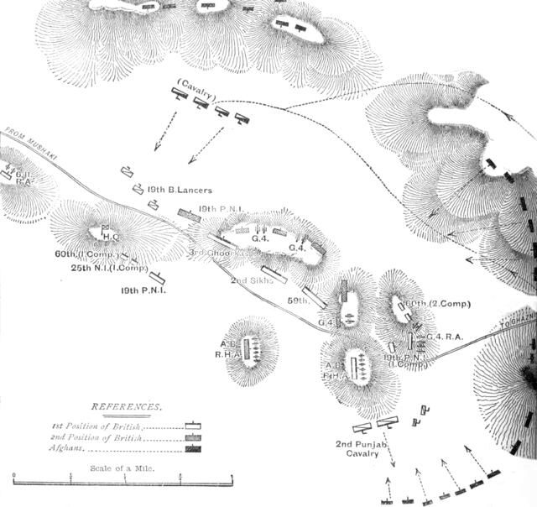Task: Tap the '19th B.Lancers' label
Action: pyautogui.click(x=179, y=191)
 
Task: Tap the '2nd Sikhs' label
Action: pyautogui.click(x=253, y=281)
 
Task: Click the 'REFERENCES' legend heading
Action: pyautogui.click(x=127, y=406)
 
